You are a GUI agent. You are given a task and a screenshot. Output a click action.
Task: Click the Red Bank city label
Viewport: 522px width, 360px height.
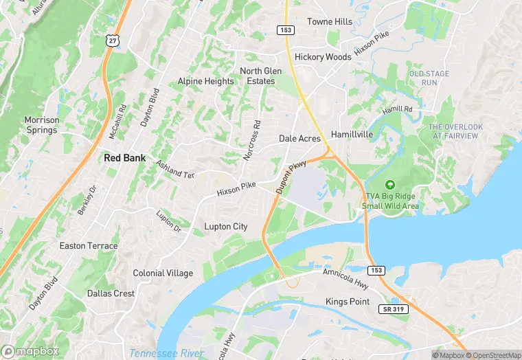coord(124,157)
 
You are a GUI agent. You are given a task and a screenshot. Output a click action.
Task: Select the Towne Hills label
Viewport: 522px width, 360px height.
coord(330,22)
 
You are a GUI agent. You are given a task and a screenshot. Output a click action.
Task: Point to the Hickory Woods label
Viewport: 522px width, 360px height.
coord(323,57)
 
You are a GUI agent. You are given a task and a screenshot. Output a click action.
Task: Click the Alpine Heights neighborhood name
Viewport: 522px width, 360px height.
coord(205,81)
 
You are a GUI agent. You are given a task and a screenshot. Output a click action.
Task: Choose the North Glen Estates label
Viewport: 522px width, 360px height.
coord(257,76)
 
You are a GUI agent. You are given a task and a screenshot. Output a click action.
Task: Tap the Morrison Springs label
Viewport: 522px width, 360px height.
coord(42,125)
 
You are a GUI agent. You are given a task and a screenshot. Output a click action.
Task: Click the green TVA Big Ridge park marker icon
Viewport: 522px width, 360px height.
coord(390,184)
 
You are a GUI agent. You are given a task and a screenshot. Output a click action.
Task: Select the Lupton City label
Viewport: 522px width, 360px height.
coord(226,226)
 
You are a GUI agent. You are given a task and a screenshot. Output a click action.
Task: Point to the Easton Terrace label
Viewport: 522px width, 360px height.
coord(89,246)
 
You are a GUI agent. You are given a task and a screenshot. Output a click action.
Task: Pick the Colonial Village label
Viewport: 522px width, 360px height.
coord(163,273)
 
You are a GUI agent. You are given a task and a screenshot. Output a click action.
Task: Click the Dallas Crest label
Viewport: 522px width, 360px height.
coord(111,293)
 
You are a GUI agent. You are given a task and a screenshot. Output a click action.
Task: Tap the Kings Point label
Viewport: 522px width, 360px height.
coord(348,302)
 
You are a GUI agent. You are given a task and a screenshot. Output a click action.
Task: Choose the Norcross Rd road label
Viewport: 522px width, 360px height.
coord(253,141)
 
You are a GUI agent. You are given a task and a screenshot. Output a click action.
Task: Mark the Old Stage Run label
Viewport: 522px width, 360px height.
coord(429,78)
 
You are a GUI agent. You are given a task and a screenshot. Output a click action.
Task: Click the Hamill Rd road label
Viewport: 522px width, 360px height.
coord(398,110)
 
